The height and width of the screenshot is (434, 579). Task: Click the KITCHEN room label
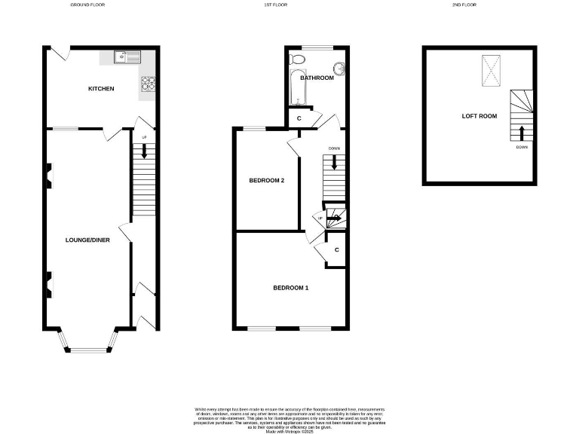[101, 89]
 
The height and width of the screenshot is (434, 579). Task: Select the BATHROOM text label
[317, 78]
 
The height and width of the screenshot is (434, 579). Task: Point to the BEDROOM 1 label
[290, 288]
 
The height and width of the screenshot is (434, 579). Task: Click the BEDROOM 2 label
[266, 180]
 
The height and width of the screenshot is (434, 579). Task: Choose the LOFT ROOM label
[479, 116]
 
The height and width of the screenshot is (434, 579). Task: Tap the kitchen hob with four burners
[148, 83]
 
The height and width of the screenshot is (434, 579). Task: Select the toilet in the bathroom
[298, 59]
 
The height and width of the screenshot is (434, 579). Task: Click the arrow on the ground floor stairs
[144, 150]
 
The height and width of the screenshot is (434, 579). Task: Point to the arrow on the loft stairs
[521, 133]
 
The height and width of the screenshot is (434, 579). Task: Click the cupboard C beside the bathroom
[299, 118]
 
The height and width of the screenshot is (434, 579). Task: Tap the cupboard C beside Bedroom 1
[336, 249]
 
